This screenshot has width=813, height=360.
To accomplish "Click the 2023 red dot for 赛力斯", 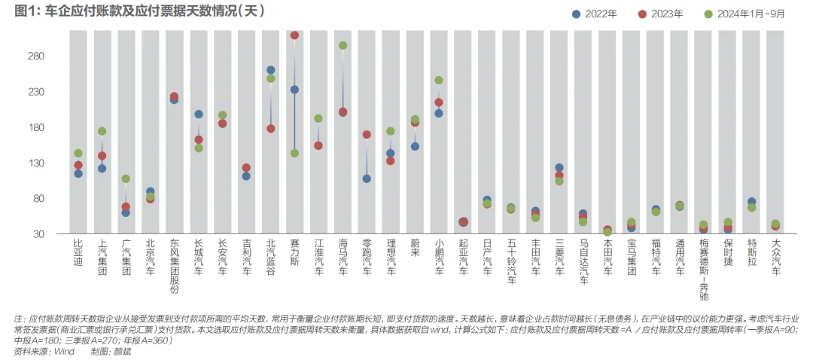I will pyautogui.click(x=294, y=35).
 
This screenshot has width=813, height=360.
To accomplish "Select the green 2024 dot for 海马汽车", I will pyautogui.click(x=343, y=46).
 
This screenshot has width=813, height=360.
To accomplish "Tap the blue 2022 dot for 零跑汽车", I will pyautogui.click(x=367, y=178).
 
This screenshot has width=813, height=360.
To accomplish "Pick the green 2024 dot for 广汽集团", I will pyautogui.click(x=126, y=179).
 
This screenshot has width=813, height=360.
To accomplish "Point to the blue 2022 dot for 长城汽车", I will pyautogui.click(x=199, y=114).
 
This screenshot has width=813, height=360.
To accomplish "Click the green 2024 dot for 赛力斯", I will pyautogui.click(x=294, y=153).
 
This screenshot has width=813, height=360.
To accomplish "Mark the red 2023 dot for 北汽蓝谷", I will pyautogui.click(x=271, y=129).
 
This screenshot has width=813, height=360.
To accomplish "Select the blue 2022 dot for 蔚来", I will pyautogui.click(x=415, y=146).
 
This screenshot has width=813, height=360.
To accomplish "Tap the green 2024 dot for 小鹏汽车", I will pyautogui.click(x=439, y=81).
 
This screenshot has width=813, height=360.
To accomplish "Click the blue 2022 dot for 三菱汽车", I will pyautogui.click(x=559, y=168).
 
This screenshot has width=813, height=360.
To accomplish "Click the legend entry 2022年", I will pyautogui.click(x=594, y=14).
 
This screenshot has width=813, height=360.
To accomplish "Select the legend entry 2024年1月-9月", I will pyautogui.click(x=744, y=14).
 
